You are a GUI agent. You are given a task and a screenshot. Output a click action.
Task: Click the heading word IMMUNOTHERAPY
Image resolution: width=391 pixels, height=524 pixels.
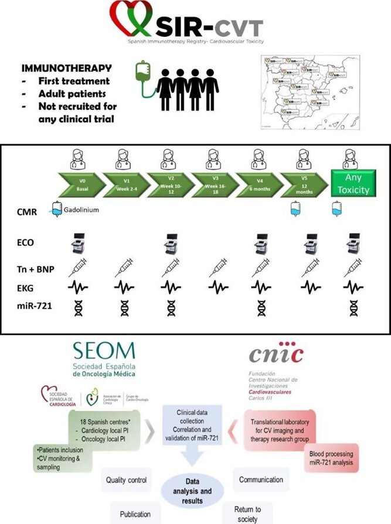(53, 68)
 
